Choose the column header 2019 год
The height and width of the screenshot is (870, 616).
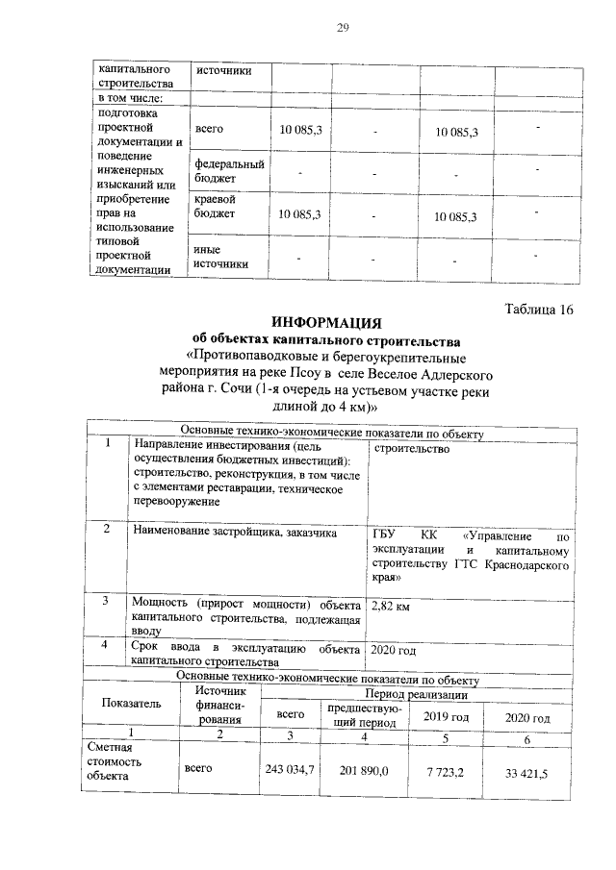[x=446, y=717]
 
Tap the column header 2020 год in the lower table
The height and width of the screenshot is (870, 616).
[x=527, y=718]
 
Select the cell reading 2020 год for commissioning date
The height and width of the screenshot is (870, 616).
[x=394, y=651]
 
